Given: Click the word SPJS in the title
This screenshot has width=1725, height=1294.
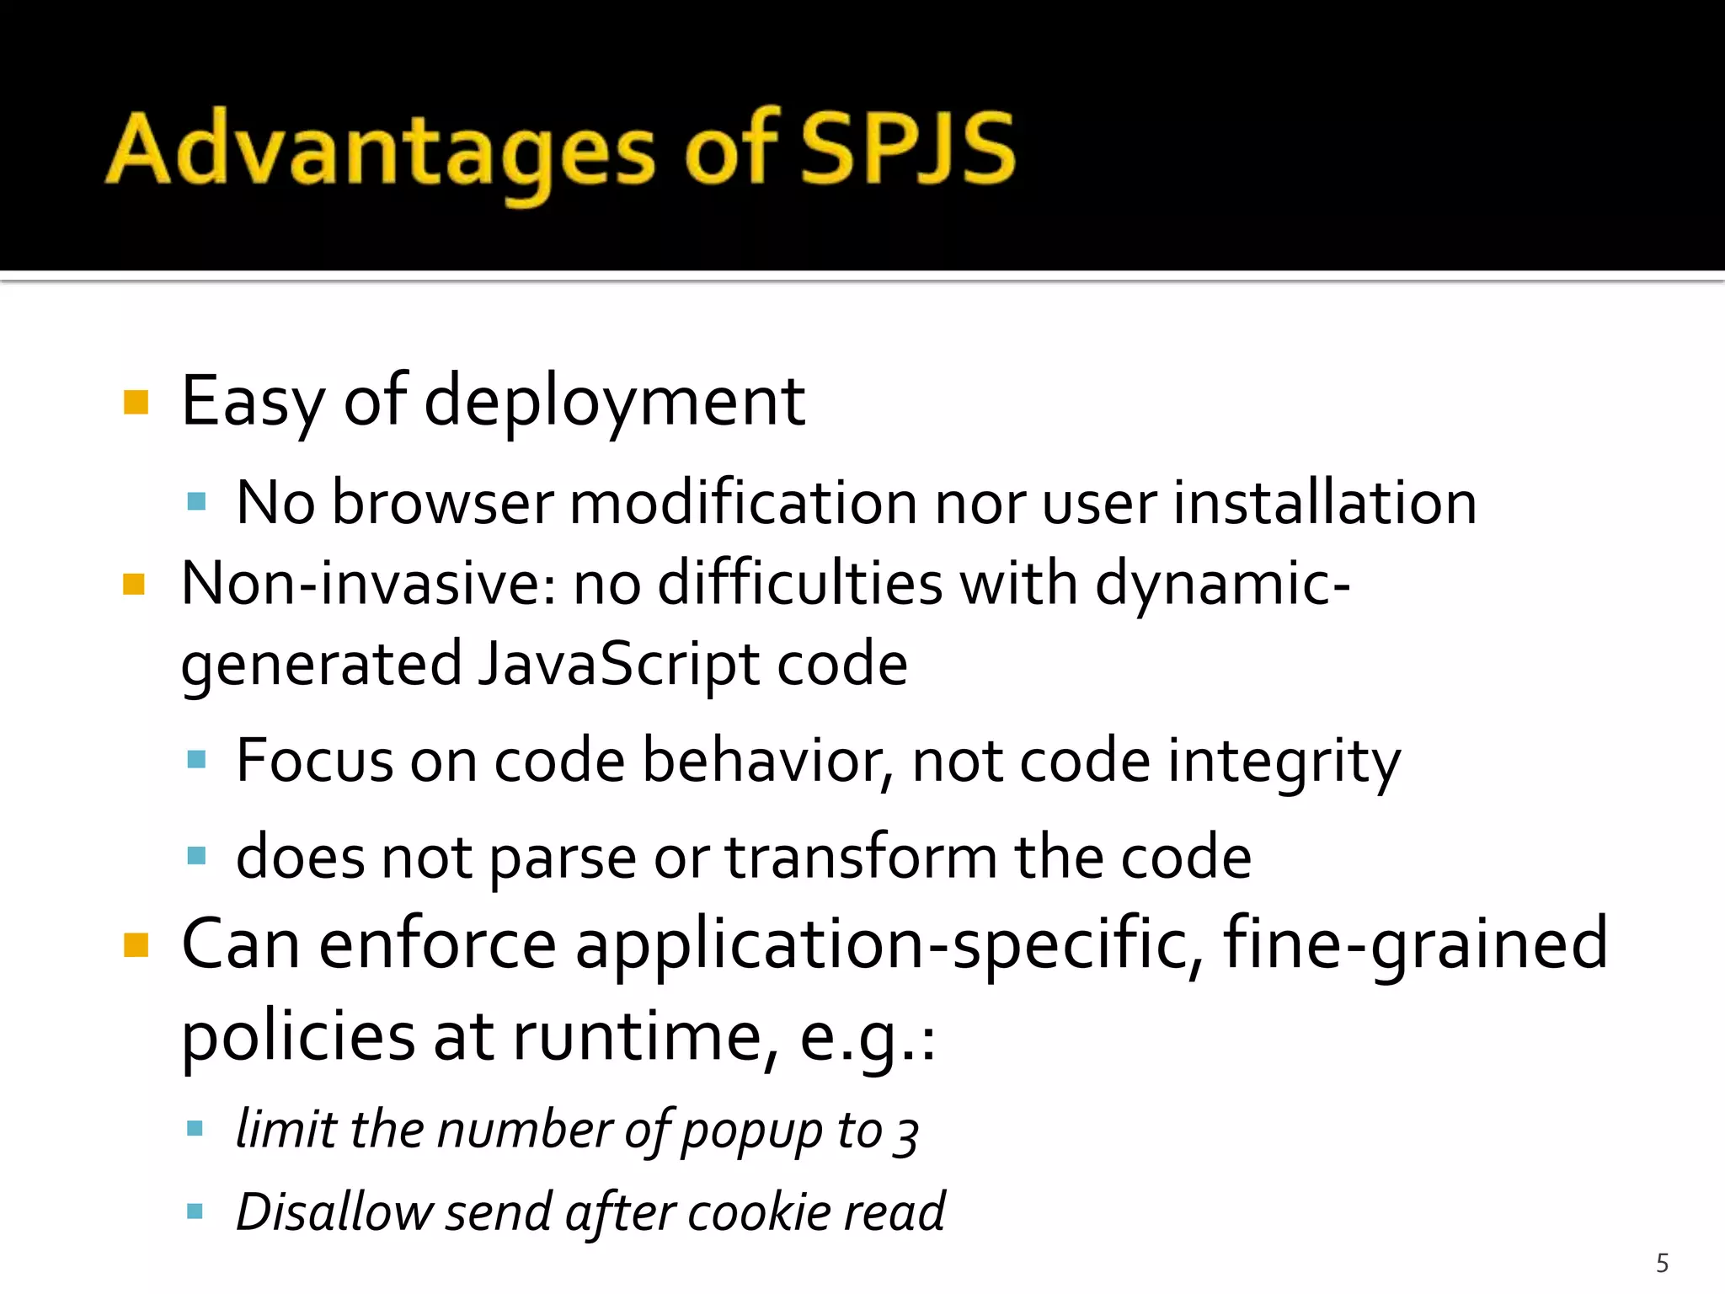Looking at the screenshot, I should (x=908, y=149).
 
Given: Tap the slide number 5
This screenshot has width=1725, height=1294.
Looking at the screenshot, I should (x=1662, y=1263).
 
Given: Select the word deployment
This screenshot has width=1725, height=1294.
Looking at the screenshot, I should (x=615, y=402).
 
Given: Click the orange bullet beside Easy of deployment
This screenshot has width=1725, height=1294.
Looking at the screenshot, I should (x=136, y=402).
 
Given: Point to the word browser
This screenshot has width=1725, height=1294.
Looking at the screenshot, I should (x=443, y=503).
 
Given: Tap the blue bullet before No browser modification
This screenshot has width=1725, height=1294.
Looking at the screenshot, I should (x=196, y=503).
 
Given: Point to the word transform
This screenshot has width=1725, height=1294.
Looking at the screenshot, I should (x=861, y=858).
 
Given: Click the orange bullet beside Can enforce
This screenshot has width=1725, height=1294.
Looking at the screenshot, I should (x=136, y=945).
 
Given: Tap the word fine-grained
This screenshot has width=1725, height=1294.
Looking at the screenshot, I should (x=1415, y=945).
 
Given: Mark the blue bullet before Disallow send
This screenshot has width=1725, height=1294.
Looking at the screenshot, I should (x=195, y=1212).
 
